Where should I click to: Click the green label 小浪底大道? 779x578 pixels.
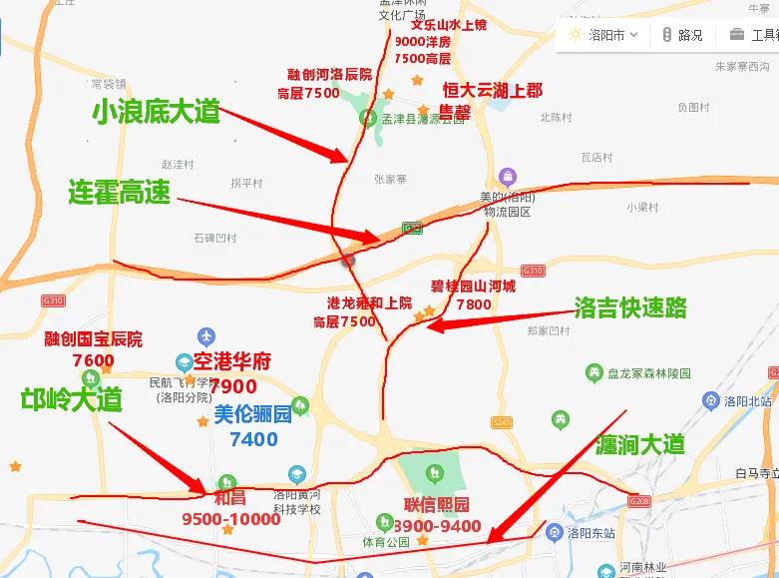coord(155,112)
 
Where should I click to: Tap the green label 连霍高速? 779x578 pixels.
coord(119,191)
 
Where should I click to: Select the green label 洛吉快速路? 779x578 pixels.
coord(630,306)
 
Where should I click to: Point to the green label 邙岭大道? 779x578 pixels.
coord(72,400)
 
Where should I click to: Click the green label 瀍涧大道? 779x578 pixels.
coord(640,443)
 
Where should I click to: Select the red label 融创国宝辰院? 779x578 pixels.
coord(94,339)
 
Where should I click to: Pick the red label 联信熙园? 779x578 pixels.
coord(436,504)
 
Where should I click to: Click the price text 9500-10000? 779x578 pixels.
coord(231,519)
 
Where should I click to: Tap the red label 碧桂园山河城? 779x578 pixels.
coord(474,287)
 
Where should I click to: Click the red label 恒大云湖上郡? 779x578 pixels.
coord(493,90)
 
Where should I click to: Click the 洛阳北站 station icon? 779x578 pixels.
coord(710,401)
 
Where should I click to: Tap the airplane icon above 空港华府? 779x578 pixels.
coord(206,336)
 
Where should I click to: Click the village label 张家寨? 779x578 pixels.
coord(391,180)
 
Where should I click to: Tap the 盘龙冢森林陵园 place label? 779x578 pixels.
coord(646,373)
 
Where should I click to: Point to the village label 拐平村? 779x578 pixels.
coord(246,183)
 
